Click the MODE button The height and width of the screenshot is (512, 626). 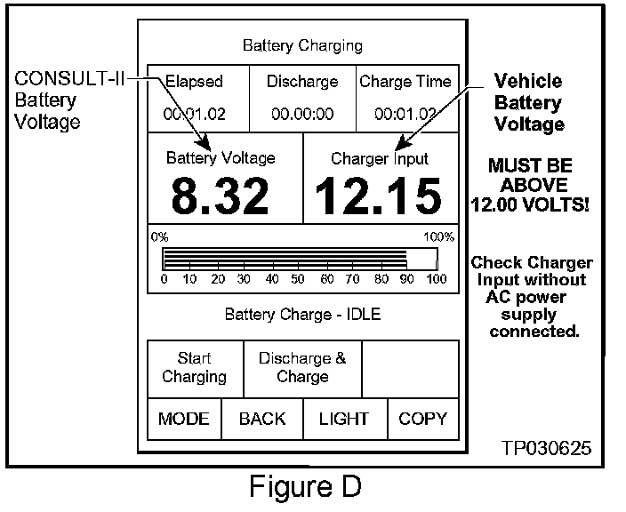tap(184, 419)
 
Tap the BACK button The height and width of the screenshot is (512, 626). tap(262, 419)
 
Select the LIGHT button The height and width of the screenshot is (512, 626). tap(344, 419)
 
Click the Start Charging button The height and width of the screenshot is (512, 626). tap(194, 368)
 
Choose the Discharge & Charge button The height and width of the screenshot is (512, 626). tap(302, 368)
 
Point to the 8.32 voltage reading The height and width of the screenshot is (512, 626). tap(221, 196)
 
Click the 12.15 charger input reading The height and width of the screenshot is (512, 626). tap(380, 196)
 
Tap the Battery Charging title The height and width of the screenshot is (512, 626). tap(302, 45)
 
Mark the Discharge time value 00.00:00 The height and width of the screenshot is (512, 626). tap(302, 114)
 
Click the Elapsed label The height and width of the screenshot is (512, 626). tap(194, 82)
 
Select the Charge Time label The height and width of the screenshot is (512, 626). tap(405, 82)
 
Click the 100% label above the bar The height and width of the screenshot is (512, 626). tap(439, 237)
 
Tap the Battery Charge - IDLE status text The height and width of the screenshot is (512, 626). tap(302, 315)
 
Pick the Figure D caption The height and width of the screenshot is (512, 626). tap(305, 489)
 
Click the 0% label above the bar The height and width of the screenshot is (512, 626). tap(159, 237)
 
